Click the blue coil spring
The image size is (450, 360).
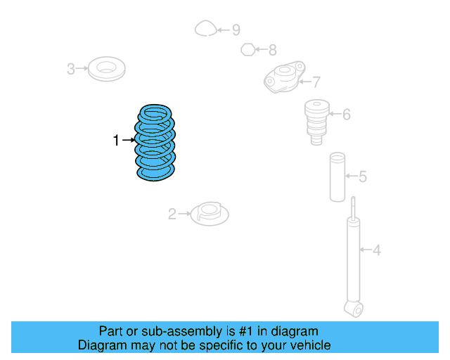[x=155, y=143]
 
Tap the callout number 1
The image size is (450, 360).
[x=116, y=141]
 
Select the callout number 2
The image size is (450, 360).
[x=172, y=214]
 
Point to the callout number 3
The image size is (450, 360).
[x=70, y=69]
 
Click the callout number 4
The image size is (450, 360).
[x=376, y=250]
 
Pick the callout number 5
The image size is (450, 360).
[x=362, y=176]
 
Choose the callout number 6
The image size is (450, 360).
[x=346, y=113]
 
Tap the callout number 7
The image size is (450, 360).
[x=316, y=81]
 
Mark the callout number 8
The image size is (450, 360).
[x=272, y=50]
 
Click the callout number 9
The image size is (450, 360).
[x=236, y=30]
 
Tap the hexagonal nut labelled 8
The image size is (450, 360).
[x=247, y=49]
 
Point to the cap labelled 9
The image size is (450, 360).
[x=205, y=29]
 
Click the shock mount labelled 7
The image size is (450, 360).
[x=283, y=77]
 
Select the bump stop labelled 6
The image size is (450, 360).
[x=316, y=120]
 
